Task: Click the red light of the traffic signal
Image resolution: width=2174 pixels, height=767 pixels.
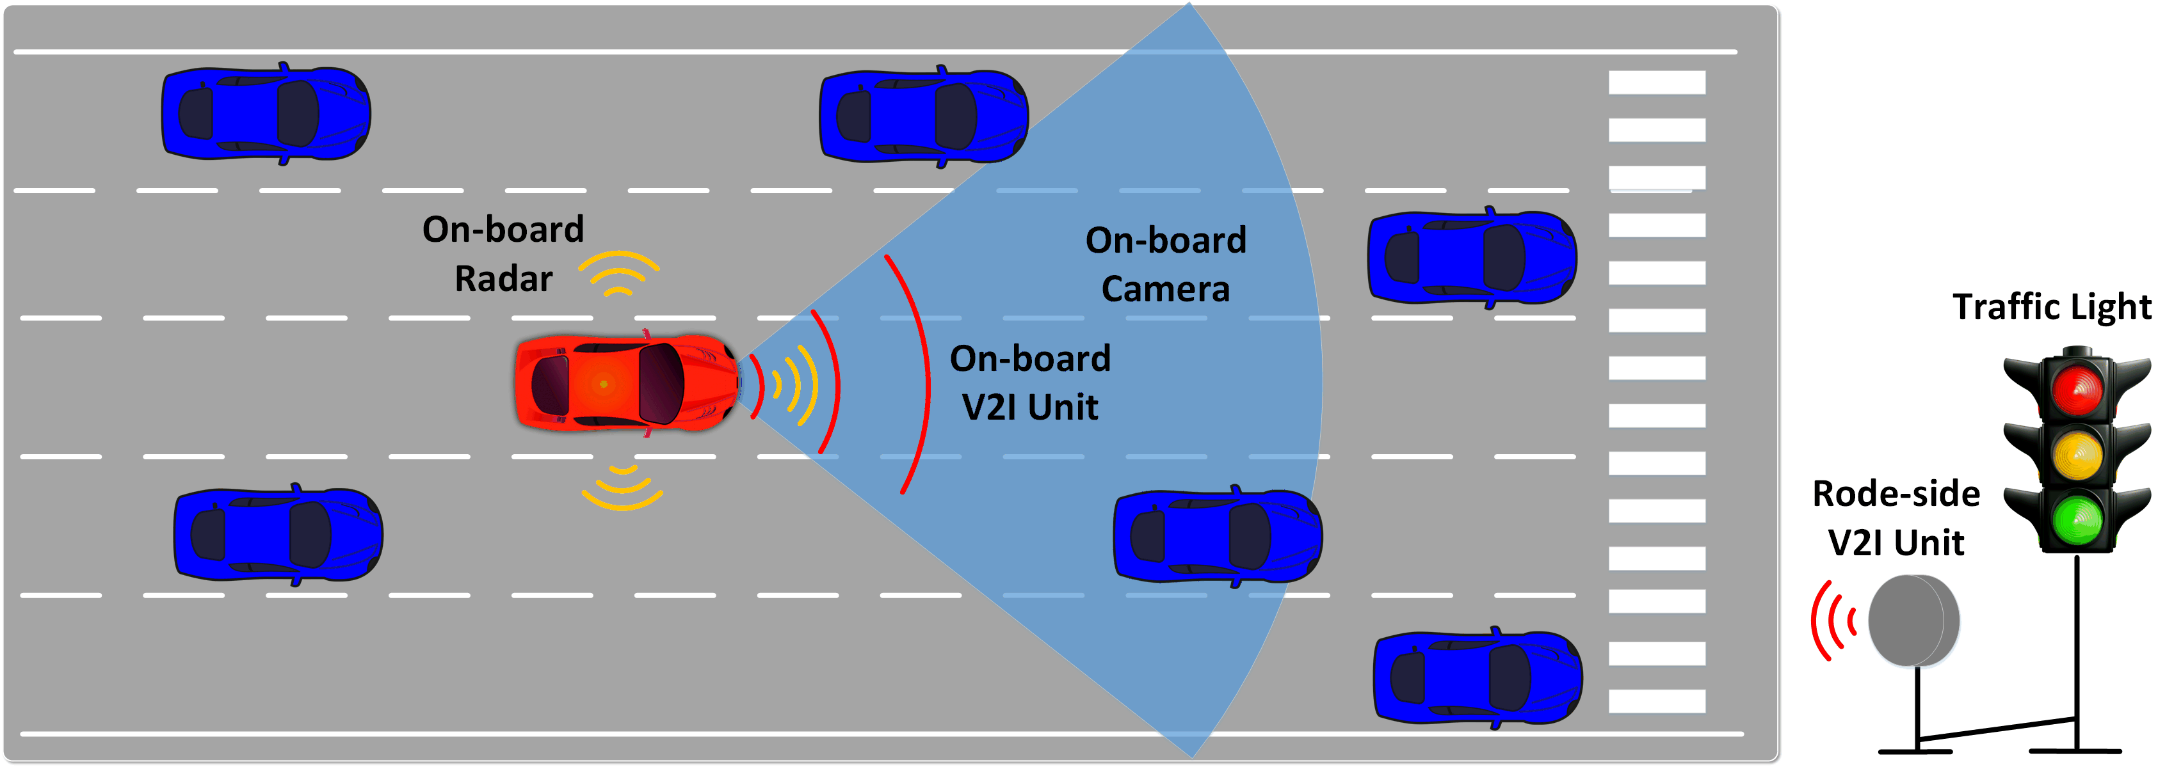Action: [2077, 389]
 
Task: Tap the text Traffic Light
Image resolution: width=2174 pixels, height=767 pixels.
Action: [2052, 307]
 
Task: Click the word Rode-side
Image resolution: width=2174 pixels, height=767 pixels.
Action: [1896, 494]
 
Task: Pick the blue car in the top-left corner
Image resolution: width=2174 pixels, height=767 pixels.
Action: [266, 113]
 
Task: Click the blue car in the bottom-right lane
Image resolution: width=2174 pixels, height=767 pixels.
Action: [1477, 677]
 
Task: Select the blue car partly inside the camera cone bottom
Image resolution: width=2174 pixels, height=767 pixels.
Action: [1217, 537]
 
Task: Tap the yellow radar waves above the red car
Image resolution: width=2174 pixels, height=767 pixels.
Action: [618, 272]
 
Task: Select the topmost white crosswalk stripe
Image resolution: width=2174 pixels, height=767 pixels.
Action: [1656, 83]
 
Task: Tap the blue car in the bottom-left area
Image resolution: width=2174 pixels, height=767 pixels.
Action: [278, 535]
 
